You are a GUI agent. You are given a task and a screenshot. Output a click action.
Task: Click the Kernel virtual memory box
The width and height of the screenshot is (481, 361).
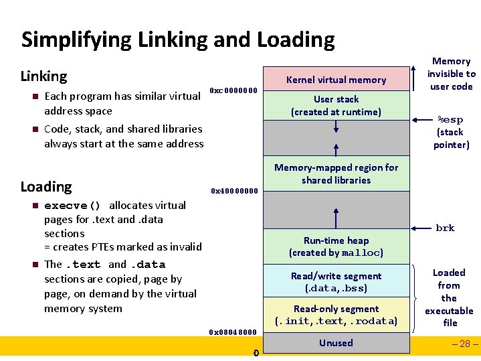336,79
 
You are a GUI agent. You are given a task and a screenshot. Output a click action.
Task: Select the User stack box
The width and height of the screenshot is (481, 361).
336,106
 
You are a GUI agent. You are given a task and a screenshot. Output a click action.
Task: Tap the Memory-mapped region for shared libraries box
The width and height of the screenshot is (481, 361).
336,174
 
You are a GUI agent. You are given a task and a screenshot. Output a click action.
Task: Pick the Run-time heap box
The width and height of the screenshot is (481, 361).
336,246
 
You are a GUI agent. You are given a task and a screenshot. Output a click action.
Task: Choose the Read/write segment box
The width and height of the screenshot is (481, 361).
336,282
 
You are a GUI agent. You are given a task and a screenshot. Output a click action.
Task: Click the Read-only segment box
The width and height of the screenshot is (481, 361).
336,315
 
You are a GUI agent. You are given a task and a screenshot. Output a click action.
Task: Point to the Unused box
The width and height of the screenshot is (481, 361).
336,343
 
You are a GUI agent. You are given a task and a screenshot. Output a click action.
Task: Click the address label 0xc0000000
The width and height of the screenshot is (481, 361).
233,90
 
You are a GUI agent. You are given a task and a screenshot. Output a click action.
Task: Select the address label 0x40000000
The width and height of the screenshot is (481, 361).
233,190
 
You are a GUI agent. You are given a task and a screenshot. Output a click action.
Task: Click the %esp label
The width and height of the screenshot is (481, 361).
450,120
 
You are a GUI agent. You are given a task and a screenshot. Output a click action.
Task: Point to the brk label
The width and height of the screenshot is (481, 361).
445,228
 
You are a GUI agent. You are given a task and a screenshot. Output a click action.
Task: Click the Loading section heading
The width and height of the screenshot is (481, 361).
46,186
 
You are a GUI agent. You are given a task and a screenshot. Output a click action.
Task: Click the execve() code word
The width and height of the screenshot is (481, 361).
72,206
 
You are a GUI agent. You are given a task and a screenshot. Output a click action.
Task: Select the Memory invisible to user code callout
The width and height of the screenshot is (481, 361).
452,74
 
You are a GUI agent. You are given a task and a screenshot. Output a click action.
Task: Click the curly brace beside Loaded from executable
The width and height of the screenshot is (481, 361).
418,296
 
